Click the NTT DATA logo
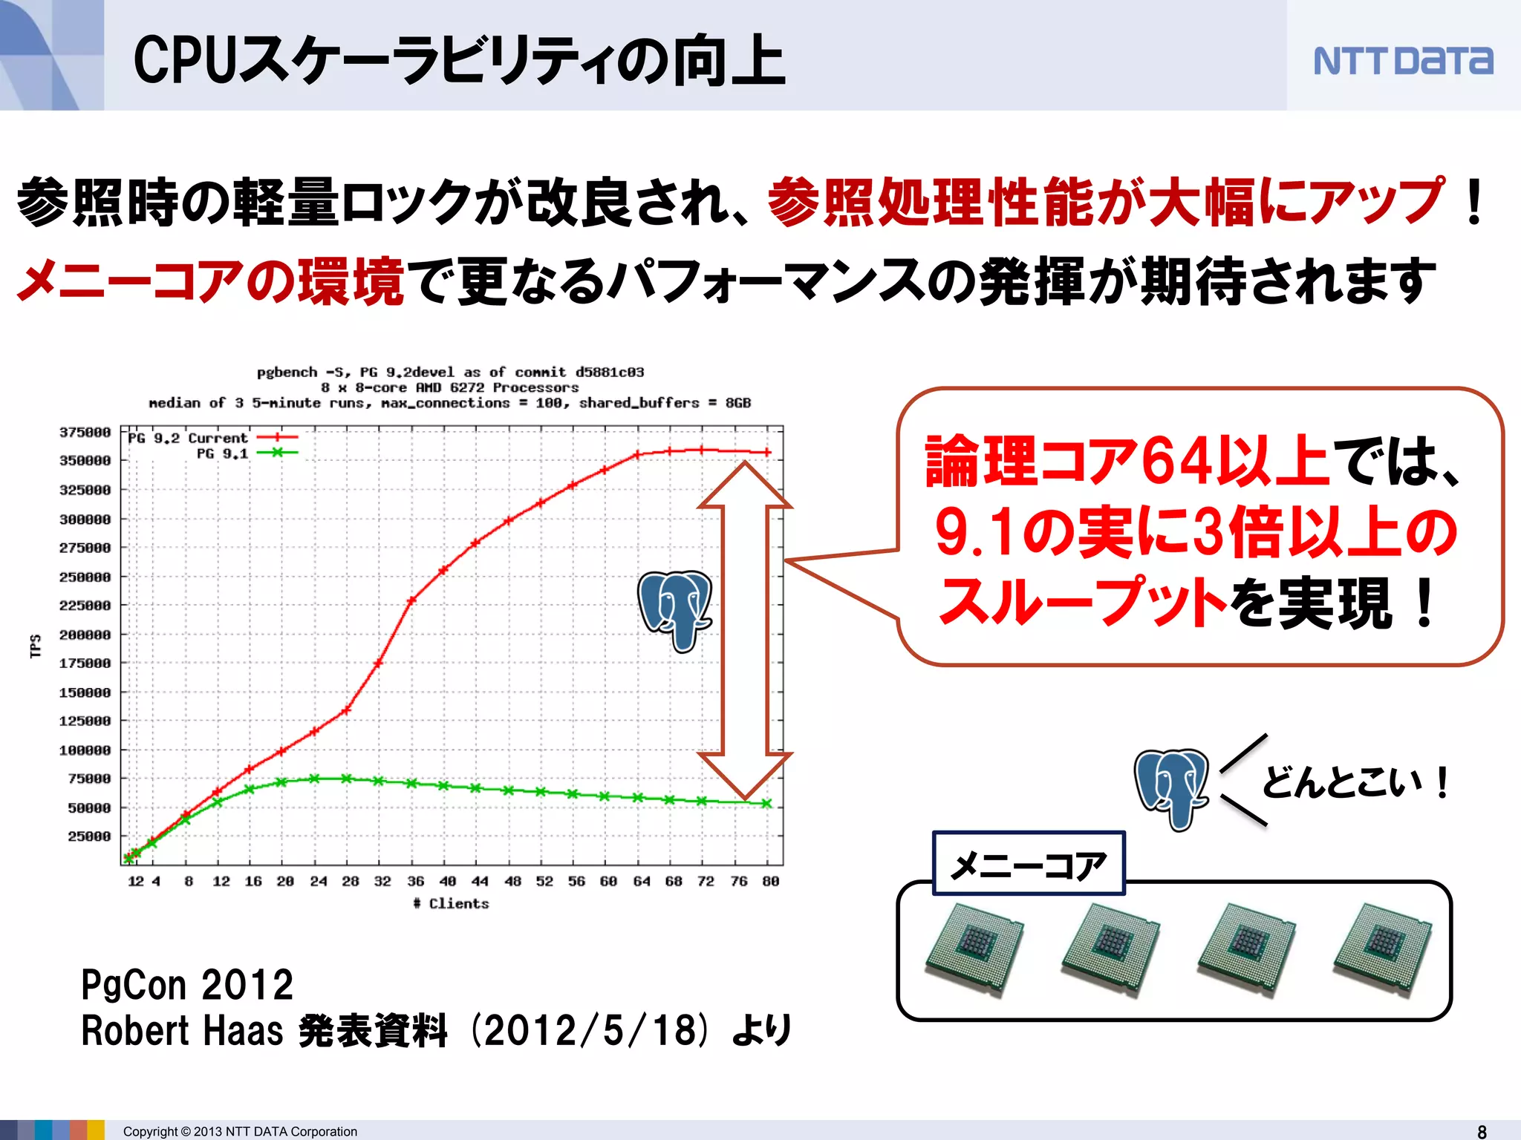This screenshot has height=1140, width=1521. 1403,61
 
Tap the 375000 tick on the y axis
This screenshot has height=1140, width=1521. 85,432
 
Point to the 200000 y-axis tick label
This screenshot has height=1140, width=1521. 85,635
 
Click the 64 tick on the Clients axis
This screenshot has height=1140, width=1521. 641,881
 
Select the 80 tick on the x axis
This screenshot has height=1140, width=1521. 770,881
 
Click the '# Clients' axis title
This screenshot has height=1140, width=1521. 452,903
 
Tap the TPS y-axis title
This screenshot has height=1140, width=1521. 35,646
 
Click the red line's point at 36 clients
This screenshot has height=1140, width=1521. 411,600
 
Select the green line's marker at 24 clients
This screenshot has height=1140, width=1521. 314,779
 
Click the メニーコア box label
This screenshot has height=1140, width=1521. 1029,865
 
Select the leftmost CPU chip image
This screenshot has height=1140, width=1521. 974,949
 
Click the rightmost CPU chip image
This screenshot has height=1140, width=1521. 1382,949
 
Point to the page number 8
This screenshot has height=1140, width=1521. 1482,1131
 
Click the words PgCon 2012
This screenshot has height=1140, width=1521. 187,985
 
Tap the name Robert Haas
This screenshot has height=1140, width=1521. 182,1031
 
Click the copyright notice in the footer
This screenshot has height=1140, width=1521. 240,1131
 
